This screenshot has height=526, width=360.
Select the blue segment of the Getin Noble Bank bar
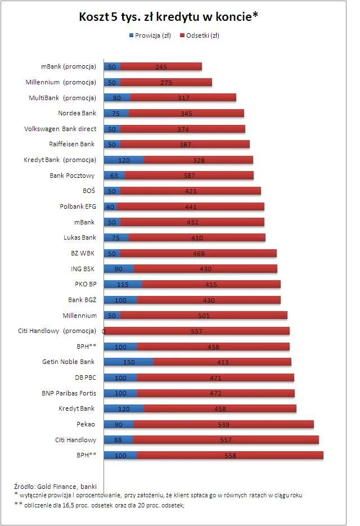coord(129,362)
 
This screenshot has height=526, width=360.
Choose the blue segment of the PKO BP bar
coord(123,284)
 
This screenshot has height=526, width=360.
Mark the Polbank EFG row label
coord(78,206)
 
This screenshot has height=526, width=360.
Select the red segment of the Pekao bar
coord(224,424)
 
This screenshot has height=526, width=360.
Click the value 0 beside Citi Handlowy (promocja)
coord(103,331)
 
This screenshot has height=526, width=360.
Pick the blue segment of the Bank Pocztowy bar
coord(115,176)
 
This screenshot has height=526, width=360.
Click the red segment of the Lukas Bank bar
coord(197,237)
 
